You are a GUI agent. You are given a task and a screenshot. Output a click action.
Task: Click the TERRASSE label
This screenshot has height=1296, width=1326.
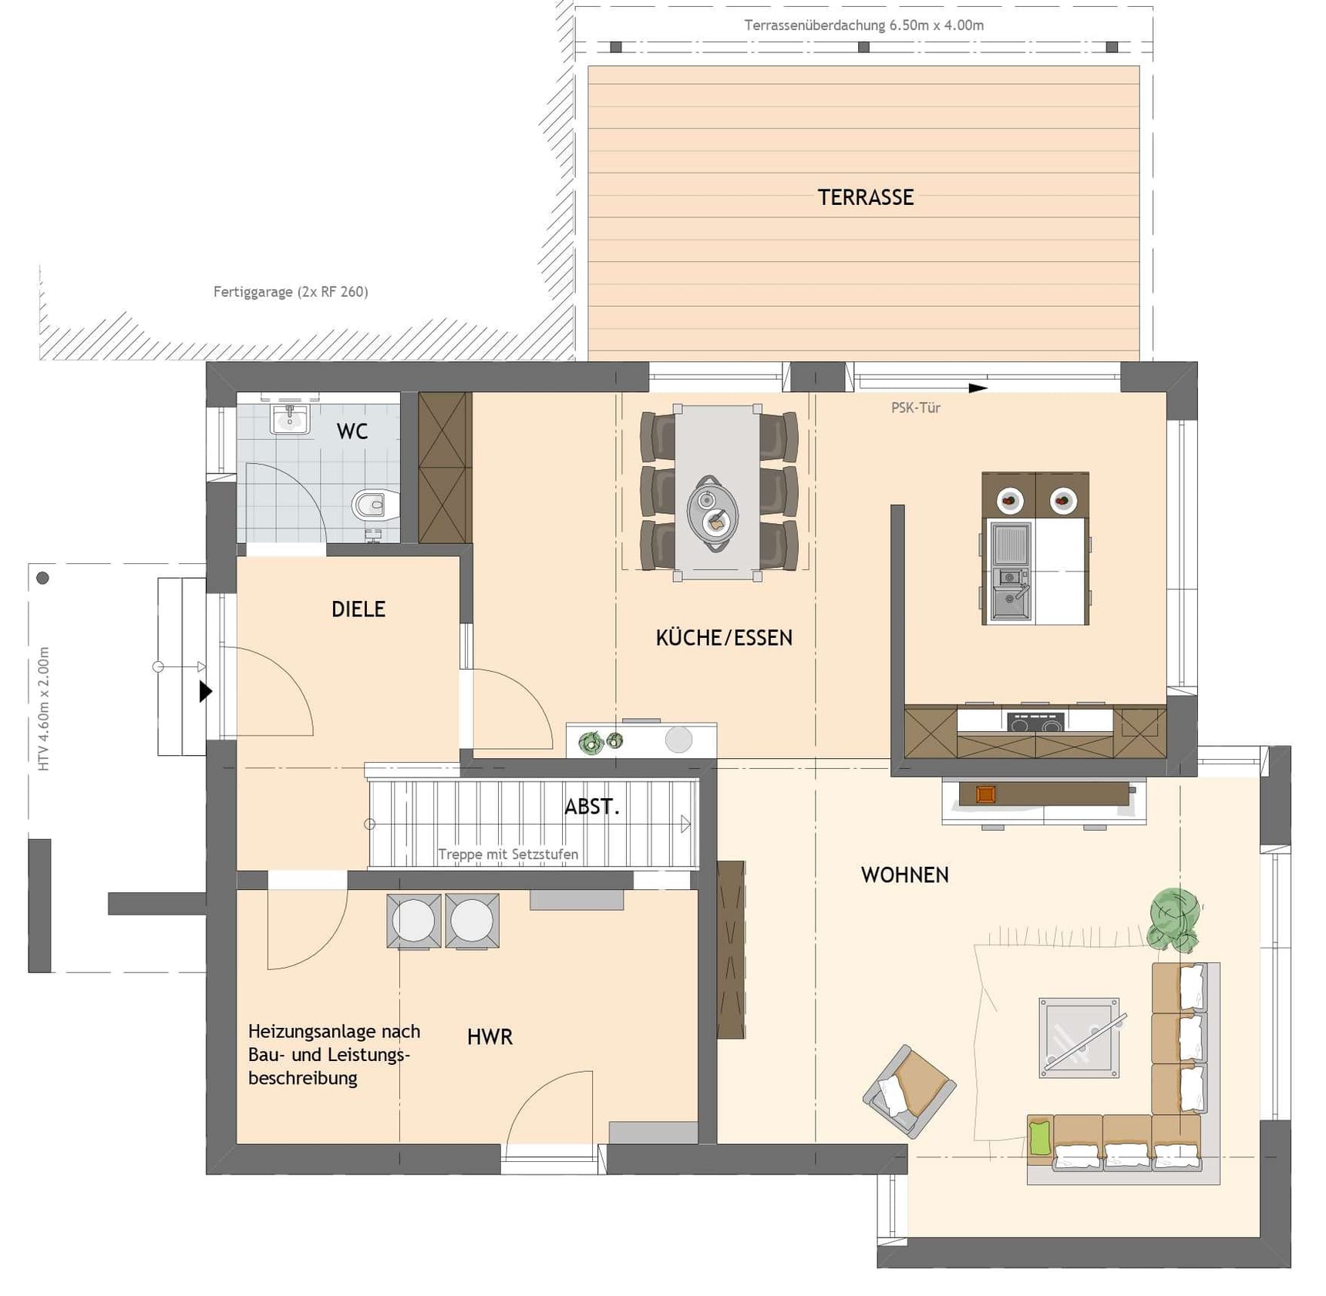pyautogui.click(x=866, y=197)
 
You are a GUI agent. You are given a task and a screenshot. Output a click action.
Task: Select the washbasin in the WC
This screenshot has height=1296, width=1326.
pyautogui.click(x=290, y=419)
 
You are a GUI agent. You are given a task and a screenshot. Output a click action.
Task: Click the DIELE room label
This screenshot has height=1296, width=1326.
pyautogui.click(x=358, y=609)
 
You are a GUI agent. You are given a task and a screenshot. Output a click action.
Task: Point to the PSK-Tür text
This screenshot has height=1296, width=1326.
pyautogui.click(x=916, y=408)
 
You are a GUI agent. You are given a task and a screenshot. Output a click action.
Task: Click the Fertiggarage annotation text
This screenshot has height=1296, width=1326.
pyautogui.click(x=291, y=292)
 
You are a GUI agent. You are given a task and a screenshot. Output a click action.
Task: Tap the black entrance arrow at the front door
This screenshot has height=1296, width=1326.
pyautogui.click(x=206, y=691)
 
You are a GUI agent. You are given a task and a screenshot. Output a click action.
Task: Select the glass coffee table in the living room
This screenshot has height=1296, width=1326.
pyautogui.click(x=1079, y=1037)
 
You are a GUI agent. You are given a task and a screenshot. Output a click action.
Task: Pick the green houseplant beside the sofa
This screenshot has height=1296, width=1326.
pyautogui.click(x=1173, y=919)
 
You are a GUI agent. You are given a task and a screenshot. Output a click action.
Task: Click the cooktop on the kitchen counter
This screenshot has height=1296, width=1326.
pyautogui.click(x=1035, y=723)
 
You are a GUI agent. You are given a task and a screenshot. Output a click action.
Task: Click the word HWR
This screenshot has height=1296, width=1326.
pyautogui.click(x=490, y=1036)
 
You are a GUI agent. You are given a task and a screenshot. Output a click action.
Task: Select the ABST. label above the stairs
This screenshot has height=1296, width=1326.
pyautogui.click(x=592, y=807)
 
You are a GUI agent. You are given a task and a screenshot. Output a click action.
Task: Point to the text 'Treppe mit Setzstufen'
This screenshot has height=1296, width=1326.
pyautogui.click(x=508, y=854)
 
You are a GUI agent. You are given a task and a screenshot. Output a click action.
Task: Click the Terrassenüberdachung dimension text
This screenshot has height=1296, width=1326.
pyautogui.click(x=864, y=25)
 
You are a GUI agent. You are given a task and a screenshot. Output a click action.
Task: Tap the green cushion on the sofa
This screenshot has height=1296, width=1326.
pyautogui.click(x=1040, y=1138)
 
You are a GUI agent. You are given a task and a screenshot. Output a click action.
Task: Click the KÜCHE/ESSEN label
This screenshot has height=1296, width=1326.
pyautogui.click(x=724, y=637)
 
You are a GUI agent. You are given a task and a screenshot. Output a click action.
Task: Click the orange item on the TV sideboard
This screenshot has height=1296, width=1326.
pyautogui.click(x=985, y=794)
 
